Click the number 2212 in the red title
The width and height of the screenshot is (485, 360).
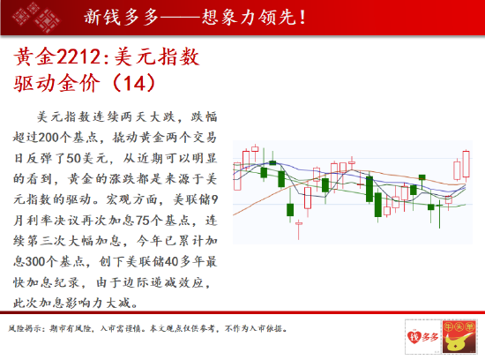click(x=78, y=57)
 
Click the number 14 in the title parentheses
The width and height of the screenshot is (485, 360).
click(x=134, y=83)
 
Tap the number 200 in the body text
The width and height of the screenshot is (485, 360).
click(x=49, y=138)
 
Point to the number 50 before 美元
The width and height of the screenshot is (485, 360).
click(x=73, y=158)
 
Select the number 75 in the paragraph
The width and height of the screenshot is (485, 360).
click(x=143, y=221)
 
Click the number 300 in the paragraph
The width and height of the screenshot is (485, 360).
click(x=36, y=262)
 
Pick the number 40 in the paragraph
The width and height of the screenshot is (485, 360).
click(x=171, y=262)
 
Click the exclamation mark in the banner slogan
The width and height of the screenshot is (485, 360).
click(x=302, y=17)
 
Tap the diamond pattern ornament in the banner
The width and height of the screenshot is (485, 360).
click(x=35, y=18)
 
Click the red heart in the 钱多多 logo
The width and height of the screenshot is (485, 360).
click(x=414, y=337)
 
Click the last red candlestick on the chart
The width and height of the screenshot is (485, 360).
click(x=466, y=164)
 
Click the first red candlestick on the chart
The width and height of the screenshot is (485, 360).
click(x=237, y=176)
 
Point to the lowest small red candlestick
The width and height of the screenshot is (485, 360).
click(x=299, y=223)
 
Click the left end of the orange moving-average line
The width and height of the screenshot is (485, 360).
click(x=233, y=214)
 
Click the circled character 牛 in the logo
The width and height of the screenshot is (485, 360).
click(x=448, y=326)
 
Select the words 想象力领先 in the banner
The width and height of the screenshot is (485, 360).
click(x=250, y=17)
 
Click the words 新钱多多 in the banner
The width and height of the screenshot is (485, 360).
click(x=122, y=17)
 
